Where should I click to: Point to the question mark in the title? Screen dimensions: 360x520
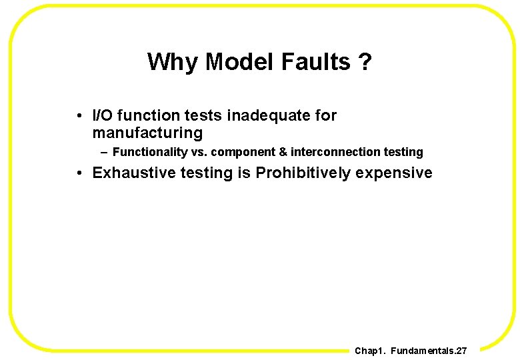(x=365, y=62)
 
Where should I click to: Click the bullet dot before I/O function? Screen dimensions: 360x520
(x=79, y=115)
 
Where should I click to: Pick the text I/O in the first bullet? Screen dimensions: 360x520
(x=103, y=115)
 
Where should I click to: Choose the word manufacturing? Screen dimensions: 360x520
(x=147, y=133)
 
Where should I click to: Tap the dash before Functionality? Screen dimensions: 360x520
(x=105, y=152)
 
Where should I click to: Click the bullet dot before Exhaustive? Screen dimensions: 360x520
(x=79, y=173)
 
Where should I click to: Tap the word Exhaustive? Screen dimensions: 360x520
(x=130, y=173)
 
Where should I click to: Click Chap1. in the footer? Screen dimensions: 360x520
(x=370, y=351)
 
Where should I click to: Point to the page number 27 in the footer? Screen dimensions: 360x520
(x=461, y=351)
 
